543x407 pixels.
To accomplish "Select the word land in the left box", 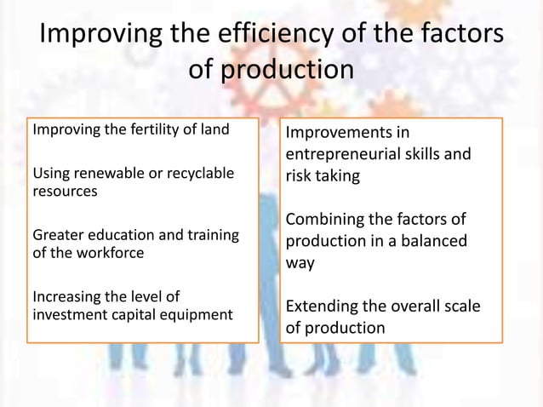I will point(214,130).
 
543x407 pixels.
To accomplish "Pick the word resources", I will point(64,192).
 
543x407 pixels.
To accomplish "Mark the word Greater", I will point(57,235).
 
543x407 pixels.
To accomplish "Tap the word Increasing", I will point(66,296).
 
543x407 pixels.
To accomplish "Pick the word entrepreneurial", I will point(349,155).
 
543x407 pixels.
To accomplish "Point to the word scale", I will point(460,307).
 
